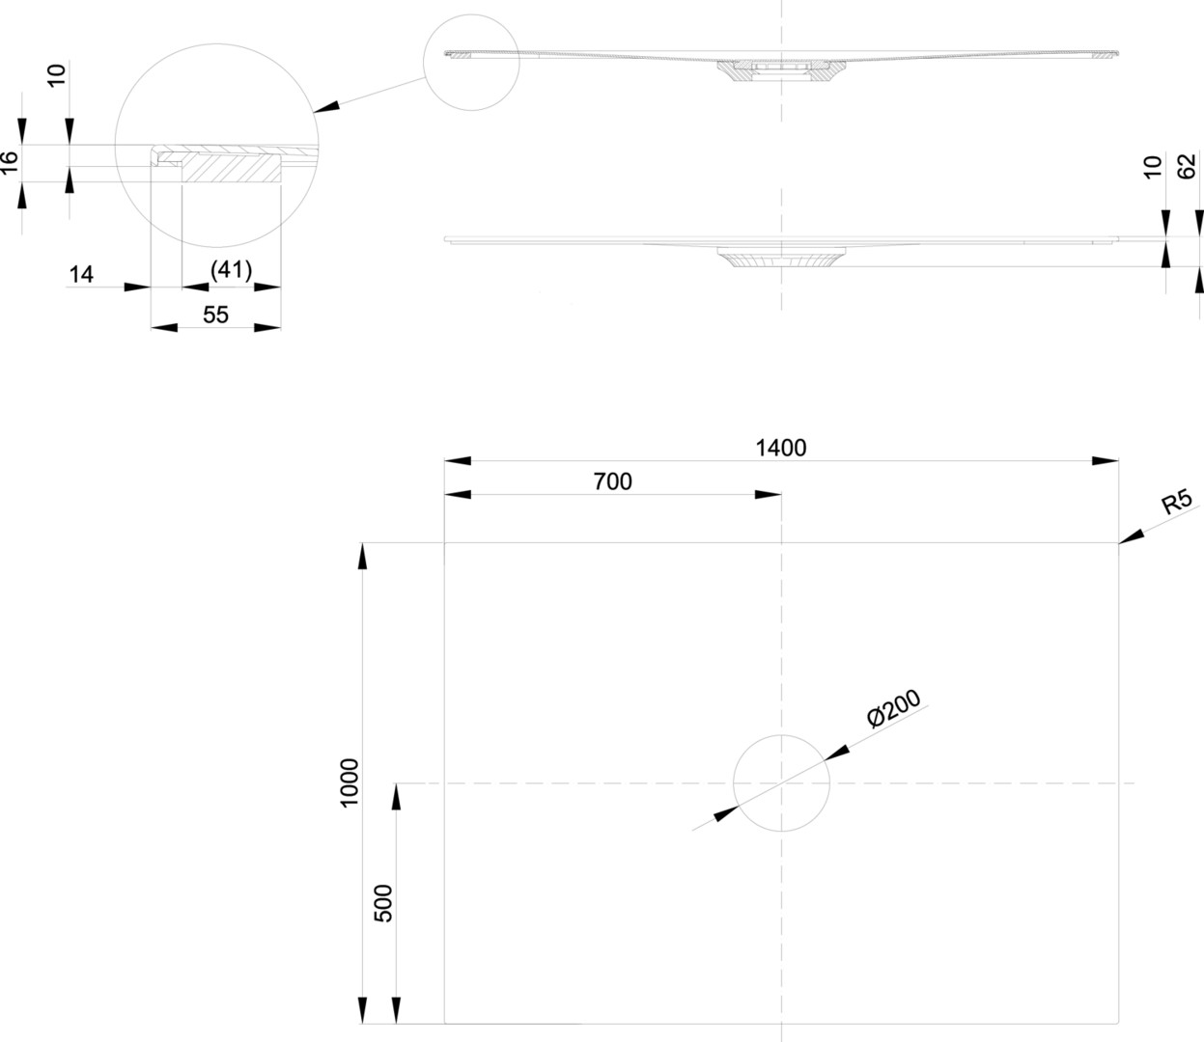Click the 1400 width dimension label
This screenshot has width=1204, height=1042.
tap(780, 448)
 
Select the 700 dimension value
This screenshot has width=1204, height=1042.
tap(612, 480)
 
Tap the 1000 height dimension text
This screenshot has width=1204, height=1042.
tap(350, 782)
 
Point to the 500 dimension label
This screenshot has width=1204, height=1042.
tap(383, 903)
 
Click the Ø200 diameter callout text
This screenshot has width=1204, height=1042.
tap(893, 709)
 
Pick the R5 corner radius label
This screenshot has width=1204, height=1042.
tap(1176, 503)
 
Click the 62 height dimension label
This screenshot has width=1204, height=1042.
tap(1187, 166)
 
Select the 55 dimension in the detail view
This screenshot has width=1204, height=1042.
tap(215, 315)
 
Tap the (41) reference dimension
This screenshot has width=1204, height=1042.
tap(231, 271)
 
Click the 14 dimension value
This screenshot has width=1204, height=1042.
tap(81, 275)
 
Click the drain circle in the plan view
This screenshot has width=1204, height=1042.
tap(781, 782)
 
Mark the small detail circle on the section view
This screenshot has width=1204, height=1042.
tap(471, 62)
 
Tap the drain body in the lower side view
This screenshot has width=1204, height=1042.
tap(781, 259)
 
